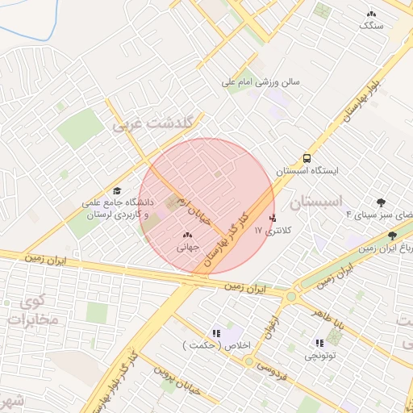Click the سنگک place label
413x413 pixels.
372,26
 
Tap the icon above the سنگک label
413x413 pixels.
371,14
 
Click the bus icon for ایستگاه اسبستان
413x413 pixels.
307,158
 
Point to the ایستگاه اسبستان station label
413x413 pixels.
307,171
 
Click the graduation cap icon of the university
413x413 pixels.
118,190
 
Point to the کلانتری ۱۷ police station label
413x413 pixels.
277,231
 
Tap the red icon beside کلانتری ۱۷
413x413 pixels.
273,218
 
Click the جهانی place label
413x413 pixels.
188,247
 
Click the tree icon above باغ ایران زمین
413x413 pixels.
392,236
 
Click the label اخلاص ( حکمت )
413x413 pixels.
217,346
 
